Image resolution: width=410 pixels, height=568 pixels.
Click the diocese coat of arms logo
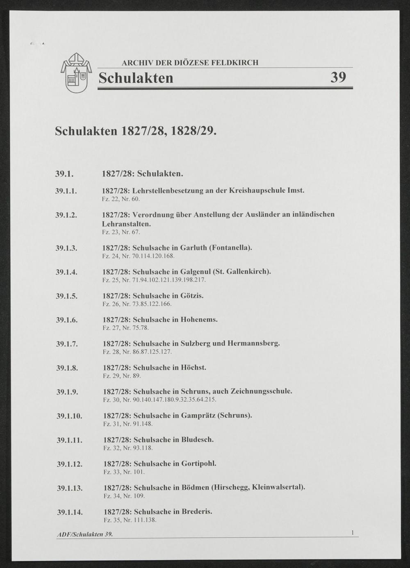[x=76, y=73]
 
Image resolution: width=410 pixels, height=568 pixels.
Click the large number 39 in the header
[x=338, y=77]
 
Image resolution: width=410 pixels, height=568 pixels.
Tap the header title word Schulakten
[x=136, y=77]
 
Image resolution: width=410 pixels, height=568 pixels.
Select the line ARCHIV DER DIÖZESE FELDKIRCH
[x=190, y=63]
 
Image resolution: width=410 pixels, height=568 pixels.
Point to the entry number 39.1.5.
[x=67, y=296]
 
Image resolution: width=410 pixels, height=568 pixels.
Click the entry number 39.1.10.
[x=69, y=416]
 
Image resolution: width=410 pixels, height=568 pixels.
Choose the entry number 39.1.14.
[x=70, y=512]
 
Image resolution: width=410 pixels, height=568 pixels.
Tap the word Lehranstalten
[x=127, y=224]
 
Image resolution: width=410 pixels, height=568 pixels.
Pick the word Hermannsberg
[x=253, y=343]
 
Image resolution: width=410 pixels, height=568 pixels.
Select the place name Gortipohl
[x=198, y=463]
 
